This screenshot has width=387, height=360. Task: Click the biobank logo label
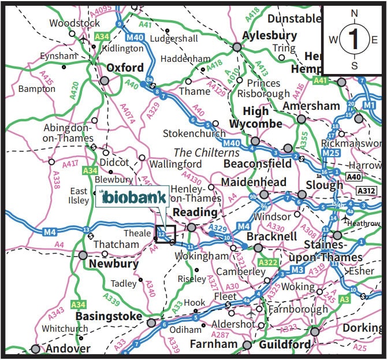coord(132,197)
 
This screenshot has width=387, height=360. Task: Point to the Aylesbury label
coord(269,35)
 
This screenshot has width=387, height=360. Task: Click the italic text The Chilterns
coord(207,153)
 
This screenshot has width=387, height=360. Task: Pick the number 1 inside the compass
coord(354,39)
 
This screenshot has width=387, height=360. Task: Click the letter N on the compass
coord(355,13)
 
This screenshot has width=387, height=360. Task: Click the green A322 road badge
coord(269,263)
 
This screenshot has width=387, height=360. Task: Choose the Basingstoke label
coord(109,317)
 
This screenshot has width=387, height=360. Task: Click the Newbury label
coord(113,265)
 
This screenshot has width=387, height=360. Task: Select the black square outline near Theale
coord(166,234)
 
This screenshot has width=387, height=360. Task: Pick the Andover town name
coord(69,348)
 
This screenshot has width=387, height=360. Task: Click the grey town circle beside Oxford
coord(105,80)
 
